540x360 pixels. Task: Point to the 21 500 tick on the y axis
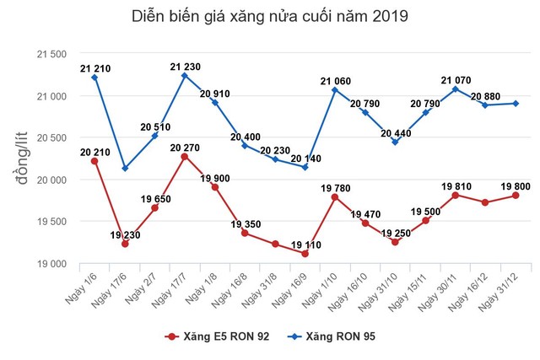pos(50,55)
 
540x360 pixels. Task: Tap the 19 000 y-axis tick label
pos(50,264)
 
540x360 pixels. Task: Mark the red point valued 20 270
pos(184,157)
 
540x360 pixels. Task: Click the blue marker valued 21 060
pos(334,89)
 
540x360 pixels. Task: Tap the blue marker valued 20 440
pos(395,142)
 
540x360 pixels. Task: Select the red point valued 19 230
pos(124,244)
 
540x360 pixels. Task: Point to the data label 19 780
pos(334,186)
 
